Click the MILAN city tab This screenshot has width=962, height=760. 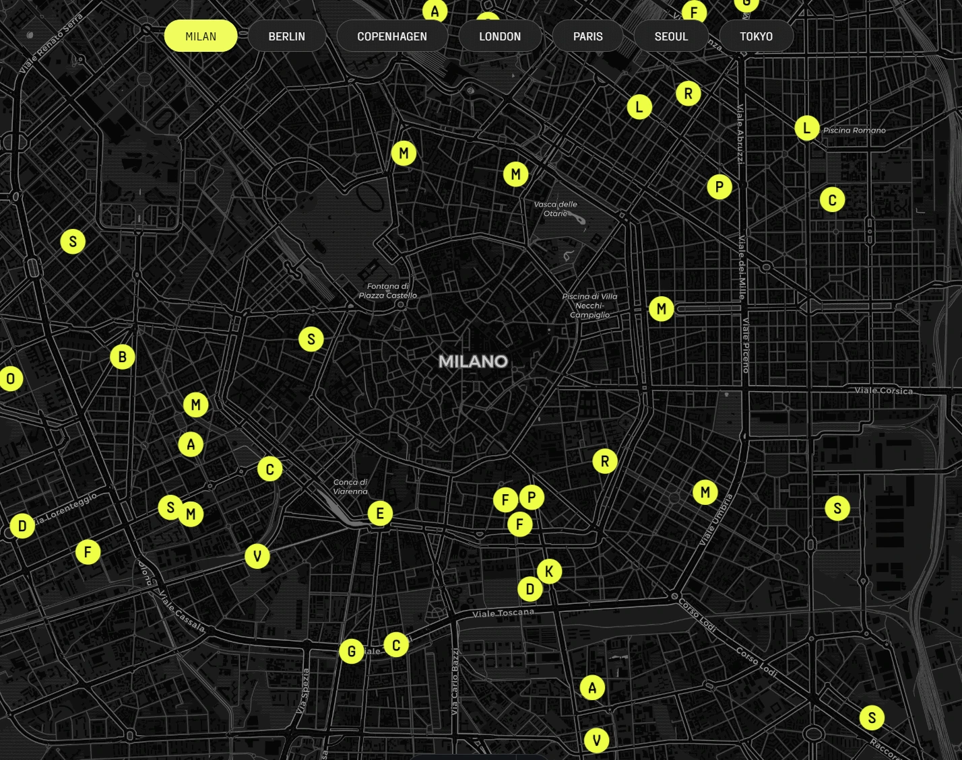[x=201, y=36]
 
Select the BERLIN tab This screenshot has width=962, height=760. [x=287, y=36]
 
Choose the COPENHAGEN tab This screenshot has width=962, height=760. [x=392, y=36]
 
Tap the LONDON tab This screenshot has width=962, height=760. [x=500, y=36]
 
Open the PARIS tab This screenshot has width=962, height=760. [x=587, y=36]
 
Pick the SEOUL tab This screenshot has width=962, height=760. [x=671, y=36]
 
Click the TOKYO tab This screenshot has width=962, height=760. [x=756, y=36]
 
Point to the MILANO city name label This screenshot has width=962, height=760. [x=473, y=361]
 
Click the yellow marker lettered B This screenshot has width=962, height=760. [x=123, y=357]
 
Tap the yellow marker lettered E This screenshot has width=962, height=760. [x=380, y=514]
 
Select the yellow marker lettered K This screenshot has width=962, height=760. [x=549, y=572]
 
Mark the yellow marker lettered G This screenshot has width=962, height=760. [x=352, y=651]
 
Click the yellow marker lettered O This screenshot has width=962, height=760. [x=11, y=379]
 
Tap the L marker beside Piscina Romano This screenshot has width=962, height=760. [x=806, y=128]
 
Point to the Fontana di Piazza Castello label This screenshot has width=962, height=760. [x=388, y=291]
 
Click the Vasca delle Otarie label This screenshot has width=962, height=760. [x=555, y=209]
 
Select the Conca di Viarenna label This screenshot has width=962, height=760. [x=350, y=487]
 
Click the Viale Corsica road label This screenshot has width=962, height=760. [x=883, y=390]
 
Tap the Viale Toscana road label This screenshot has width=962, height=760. [x=503, y=613]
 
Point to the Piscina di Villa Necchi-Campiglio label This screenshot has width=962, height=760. [x=589, y=306]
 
